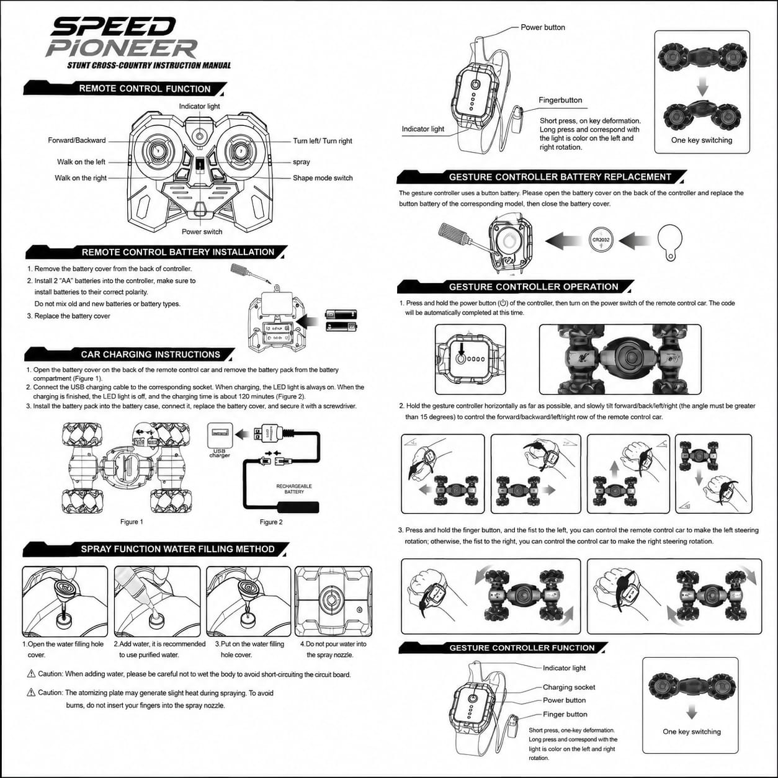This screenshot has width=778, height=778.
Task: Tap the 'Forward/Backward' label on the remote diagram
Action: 77,140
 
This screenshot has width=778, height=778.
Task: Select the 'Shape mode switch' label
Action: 323,178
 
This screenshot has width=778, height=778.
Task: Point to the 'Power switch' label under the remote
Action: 202,232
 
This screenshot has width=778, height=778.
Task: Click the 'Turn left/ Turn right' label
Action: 323,141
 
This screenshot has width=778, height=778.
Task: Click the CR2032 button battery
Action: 601,240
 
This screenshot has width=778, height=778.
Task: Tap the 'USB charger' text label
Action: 219,453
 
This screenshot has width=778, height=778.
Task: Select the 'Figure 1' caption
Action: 132,522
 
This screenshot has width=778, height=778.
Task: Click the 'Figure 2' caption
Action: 271,522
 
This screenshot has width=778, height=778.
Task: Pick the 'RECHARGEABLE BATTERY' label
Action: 294,489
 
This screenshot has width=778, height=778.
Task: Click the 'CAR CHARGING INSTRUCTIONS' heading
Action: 151,354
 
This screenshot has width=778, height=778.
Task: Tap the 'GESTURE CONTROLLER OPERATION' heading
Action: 534,287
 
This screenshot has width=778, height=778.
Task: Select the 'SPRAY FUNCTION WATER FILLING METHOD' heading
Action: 177,549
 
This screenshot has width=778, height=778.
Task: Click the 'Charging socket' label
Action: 569,687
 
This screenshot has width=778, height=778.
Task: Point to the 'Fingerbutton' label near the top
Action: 560,100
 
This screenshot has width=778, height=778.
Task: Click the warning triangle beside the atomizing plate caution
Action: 30,693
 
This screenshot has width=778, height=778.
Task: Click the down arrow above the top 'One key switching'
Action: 702,86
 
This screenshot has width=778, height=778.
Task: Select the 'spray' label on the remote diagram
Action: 301,162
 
